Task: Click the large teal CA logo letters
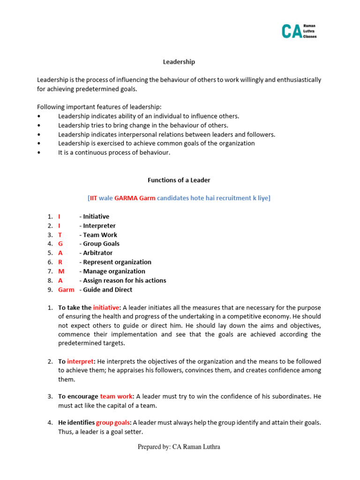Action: click(291, 31)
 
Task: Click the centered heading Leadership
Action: click(179, 62)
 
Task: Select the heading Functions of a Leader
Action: click(179, 180)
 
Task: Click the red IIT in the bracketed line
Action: click(94, 198)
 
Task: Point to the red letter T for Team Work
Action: click(60, 235)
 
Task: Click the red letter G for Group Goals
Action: click(60, 244)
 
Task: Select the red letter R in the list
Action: click(60, 262)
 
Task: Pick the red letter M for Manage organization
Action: click(61, 271)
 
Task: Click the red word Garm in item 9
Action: click(66, 290)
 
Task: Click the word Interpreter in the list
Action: click(99, 226)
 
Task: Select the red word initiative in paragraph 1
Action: click(106, 308)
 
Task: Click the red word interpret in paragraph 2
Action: click(81, 361)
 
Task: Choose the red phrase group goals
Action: click(111, 423)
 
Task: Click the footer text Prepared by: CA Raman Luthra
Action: click(179, 447)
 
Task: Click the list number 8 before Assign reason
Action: click(50, 281)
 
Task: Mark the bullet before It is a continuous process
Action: click(39, 153)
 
